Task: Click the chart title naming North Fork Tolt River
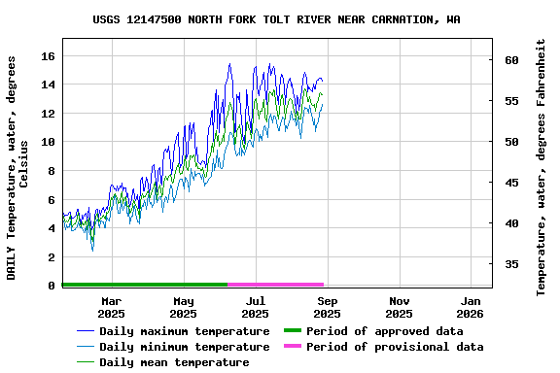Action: [277, 19]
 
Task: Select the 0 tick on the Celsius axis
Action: [50, 286]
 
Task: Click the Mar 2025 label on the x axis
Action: [111, 307]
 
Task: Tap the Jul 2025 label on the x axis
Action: [255, 307]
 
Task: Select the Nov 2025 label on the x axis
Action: [399, 307]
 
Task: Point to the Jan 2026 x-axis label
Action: [471, 307]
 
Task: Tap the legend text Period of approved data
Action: [384, 331]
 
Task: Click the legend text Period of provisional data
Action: [394, 347]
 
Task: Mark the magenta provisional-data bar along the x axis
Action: [275, 285]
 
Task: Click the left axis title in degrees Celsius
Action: [18, 167]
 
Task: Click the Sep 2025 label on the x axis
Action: [327, 307]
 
